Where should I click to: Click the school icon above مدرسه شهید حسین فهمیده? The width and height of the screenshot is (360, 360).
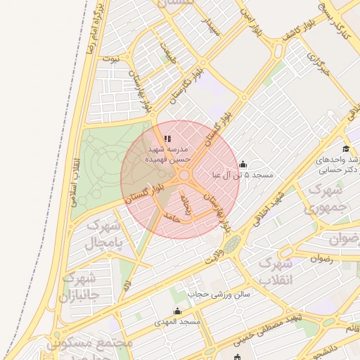[167, 139]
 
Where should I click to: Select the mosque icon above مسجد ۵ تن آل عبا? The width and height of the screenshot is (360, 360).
[243, 165]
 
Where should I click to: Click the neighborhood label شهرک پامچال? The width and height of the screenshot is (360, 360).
[103, 236]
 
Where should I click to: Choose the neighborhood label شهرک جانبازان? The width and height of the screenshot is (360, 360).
[83, 288]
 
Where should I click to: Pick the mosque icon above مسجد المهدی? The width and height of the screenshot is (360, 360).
[176, 311]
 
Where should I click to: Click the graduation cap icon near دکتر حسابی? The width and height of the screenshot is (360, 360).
[345, 148]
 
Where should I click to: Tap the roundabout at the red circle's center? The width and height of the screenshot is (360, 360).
[184, 175]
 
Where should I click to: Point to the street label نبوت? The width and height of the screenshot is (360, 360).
[110, 58]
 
